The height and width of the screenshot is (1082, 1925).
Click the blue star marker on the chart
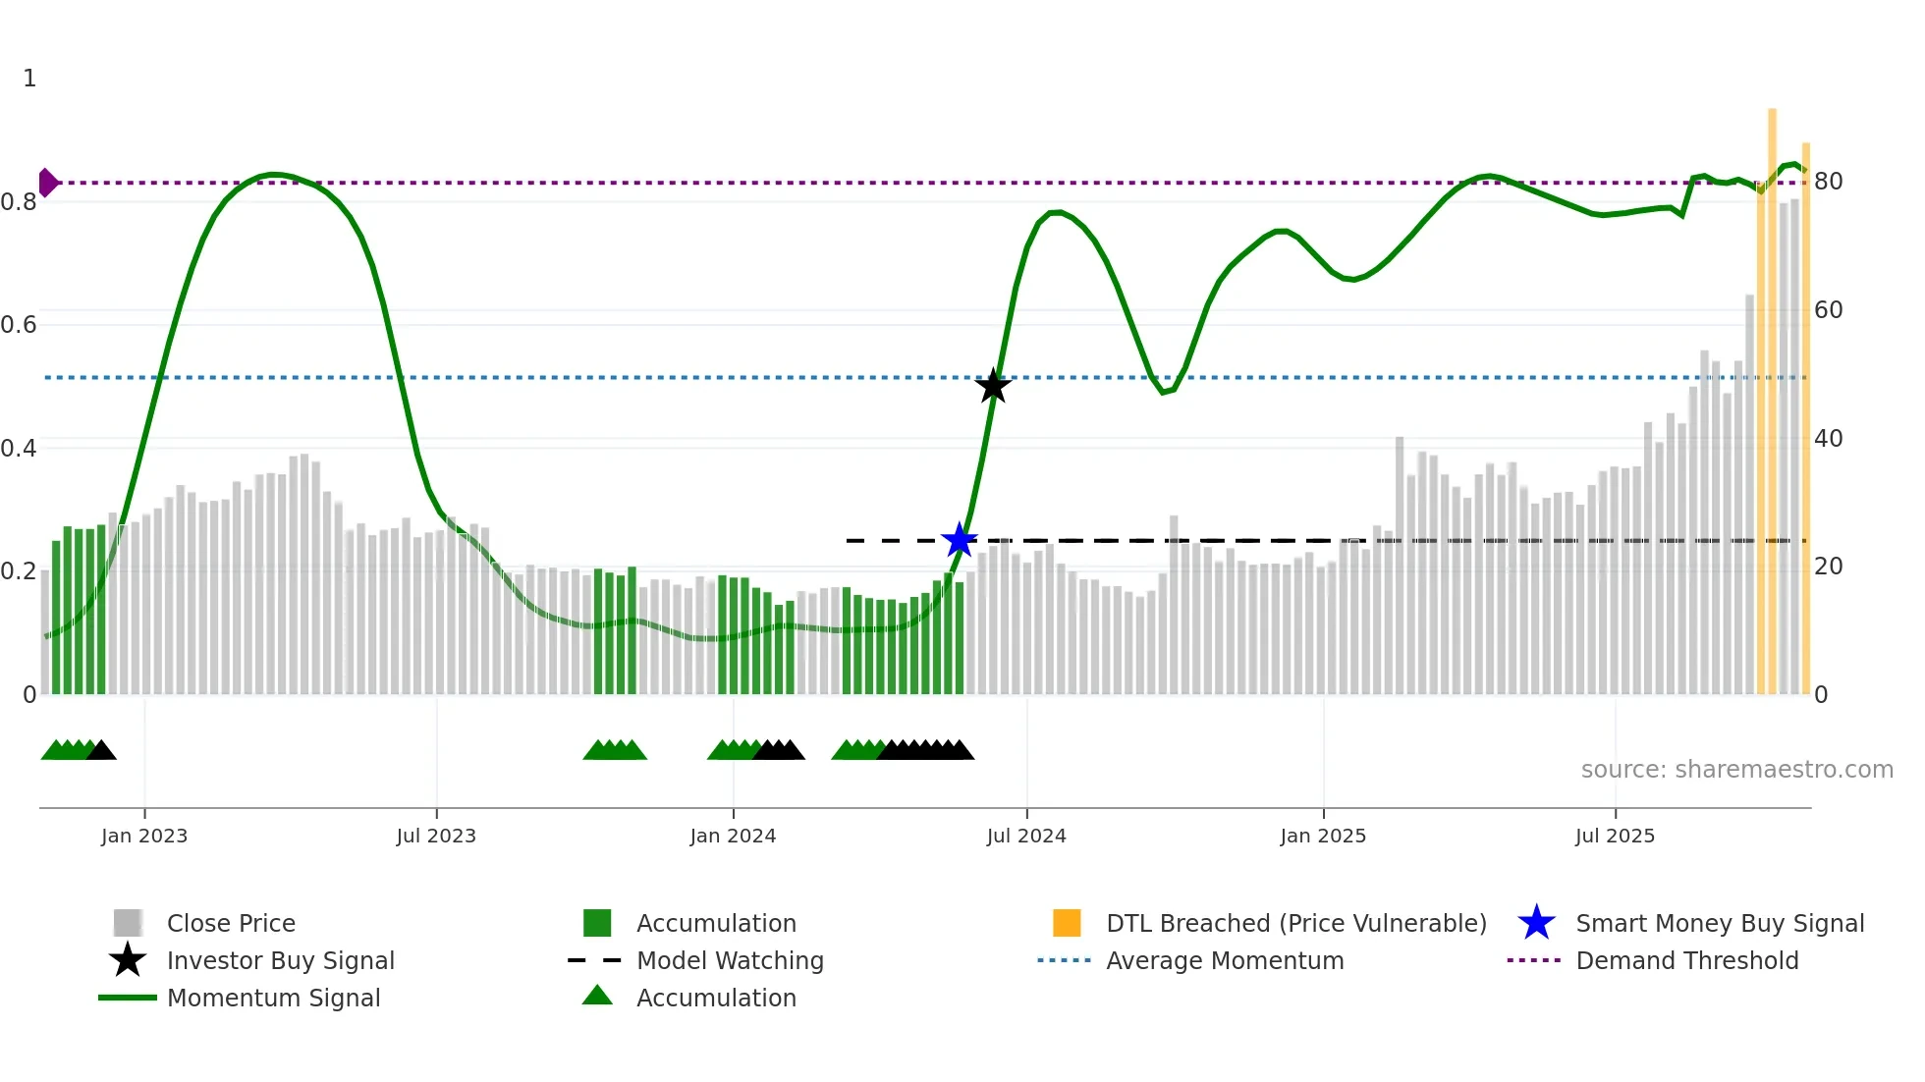[959, 540]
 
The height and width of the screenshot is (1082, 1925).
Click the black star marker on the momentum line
[993, 386]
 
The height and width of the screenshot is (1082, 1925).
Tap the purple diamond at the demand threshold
[47, 183]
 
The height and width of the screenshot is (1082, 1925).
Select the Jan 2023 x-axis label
[144, 836]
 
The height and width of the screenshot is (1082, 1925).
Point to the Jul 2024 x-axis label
[1026, 836]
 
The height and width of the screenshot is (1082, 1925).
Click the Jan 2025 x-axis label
[1323, 836]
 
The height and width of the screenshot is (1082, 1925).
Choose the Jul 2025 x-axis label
[1615, 836]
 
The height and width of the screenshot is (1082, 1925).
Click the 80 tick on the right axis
[1828, 182]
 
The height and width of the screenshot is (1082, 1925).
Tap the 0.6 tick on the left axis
[19, 325]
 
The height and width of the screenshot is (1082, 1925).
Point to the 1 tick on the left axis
[29, 79]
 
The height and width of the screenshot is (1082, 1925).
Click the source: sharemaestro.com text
[1736, 770]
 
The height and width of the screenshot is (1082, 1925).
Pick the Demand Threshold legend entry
[1686, 961]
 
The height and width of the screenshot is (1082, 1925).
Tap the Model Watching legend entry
[730, 961]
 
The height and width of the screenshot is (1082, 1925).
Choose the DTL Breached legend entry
[1295, 924]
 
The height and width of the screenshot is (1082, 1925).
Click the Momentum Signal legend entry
[273, 999]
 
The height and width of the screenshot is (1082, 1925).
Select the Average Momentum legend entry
[1224, 961]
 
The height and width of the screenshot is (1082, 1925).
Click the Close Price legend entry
[231, 924]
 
